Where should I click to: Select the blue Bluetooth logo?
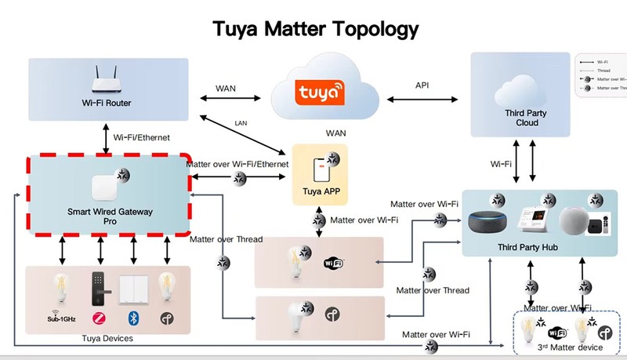tap(132, 318)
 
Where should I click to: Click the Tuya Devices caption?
tap(107, 338)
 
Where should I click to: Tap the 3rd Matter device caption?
tap(569, 347)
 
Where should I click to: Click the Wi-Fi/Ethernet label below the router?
tap(144, 138)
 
